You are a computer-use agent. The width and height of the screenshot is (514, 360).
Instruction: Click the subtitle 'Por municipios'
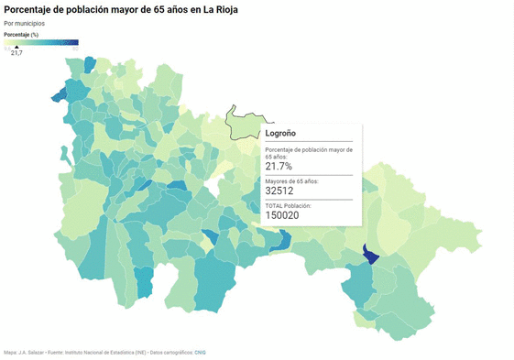tap(24, 23)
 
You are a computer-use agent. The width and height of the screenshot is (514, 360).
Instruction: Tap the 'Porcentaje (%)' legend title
tap(21, 34)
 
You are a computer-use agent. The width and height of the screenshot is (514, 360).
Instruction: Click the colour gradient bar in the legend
tap(41, 42)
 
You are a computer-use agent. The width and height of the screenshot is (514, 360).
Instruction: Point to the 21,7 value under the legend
tap(16, 53)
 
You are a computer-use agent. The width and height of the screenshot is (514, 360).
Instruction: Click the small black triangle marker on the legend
tap(16, 47)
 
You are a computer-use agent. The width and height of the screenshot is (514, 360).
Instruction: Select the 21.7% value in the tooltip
tap(279, 166)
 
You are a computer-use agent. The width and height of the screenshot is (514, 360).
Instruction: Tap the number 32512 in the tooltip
tap(281, 191)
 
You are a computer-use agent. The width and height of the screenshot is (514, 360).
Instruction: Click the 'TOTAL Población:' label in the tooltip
tap(289, 206)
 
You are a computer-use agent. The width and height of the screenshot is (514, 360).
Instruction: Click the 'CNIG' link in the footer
tap(201, 352)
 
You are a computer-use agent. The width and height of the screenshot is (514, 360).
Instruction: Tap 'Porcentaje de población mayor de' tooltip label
tap(309, 148)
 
